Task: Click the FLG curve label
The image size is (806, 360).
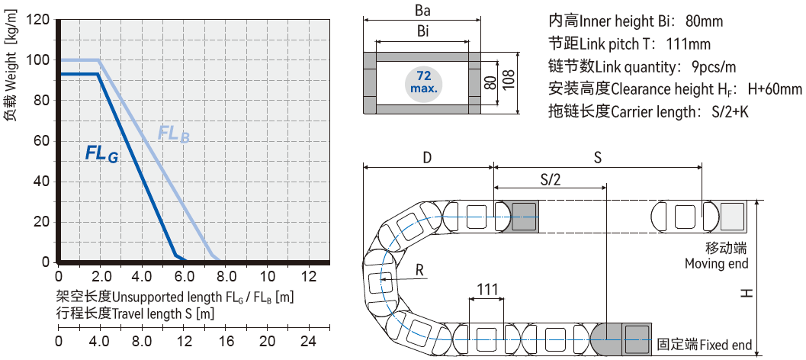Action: [101, 153]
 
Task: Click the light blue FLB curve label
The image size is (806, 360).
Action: [173, 134]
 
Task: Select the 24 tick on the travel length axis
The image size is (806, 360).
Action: [308, 340]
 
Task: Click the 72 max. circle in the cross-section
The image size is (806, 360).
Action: [424, 82]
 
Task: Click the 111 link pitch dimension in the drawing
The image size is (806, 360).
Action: [487, 290]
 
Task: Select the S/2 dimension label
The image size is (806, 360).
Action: [550, 179]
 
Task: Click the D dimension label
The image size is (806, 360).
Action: [427, 158]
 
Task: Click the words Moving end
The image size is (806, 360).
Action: [716, 264]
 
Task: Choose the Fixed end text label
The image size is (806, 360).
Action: [725, 345]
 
